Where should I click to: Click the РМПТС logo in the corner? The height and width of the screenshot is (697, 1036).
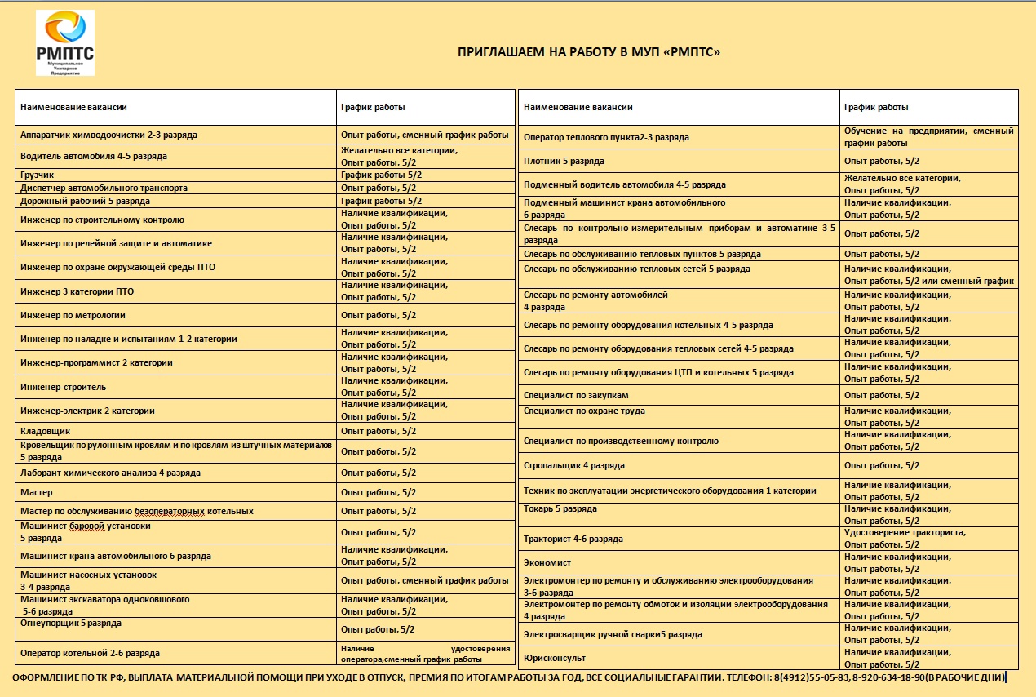tap(65, 42)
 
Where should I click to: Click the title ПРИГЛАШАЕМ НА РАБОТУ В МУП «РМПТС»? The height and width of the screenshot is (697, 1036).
tap(589, 53)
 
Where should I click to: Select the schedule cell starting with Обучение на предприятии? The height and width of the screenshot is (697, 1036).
tap(928, 136)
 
